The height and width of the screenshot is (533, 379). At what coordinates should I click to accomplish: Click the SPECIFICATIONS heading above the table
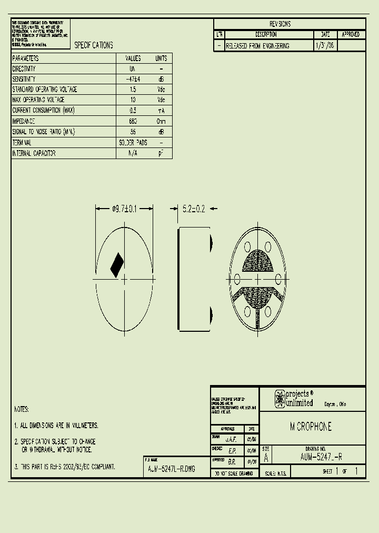(x=93, y=45)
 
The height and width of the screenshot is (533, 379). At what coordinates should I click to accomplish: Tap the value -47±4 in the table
(x=133, y=79)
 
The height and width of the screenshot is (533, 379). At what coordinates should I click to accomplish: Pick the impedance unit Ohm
(x=161, y=121)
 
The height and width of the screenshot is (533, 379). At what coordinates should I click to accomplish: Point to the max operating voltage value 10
(x=133, y=100)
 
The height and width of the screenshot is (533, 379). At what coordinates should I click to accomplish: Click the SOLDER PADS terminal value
(x=133, y=143)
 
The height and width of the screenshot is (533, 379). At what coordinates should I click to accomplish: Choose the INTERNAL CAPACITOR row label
(x=34, y=153)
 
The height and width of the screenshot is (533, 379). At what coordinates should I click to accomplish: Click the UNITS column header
(x=161, y=58)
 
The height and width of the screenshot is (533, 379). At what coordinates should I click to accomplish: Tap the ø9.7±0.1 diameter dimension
(x=124, y=209)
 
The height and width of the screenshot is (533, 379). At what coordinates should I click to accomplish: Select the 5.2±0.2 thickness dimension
(x=193, y=209)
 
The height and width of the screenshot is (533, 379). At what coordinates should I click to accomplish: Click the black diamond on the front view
(x=117, y=265)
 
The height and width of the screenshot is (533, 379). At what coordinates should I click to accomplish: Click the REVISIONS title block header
(x=280, y=24)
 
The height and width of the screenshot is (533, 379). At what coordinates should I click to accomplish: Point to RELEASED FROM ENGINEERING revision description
(x=257, y=46)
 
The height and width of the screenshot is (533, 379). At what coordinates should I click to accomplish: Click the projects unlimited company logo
(x=294, y=399)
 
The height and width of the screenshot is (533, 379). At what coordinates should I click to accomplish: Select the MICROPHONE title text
(x=311, y=427)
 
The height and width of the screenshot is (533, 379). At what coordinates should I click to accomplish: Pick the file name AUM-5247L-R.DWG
(x=172, y=469)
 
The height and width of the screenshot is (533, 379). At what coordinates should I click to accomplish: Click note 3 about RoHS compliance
(x=65, y=467)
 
